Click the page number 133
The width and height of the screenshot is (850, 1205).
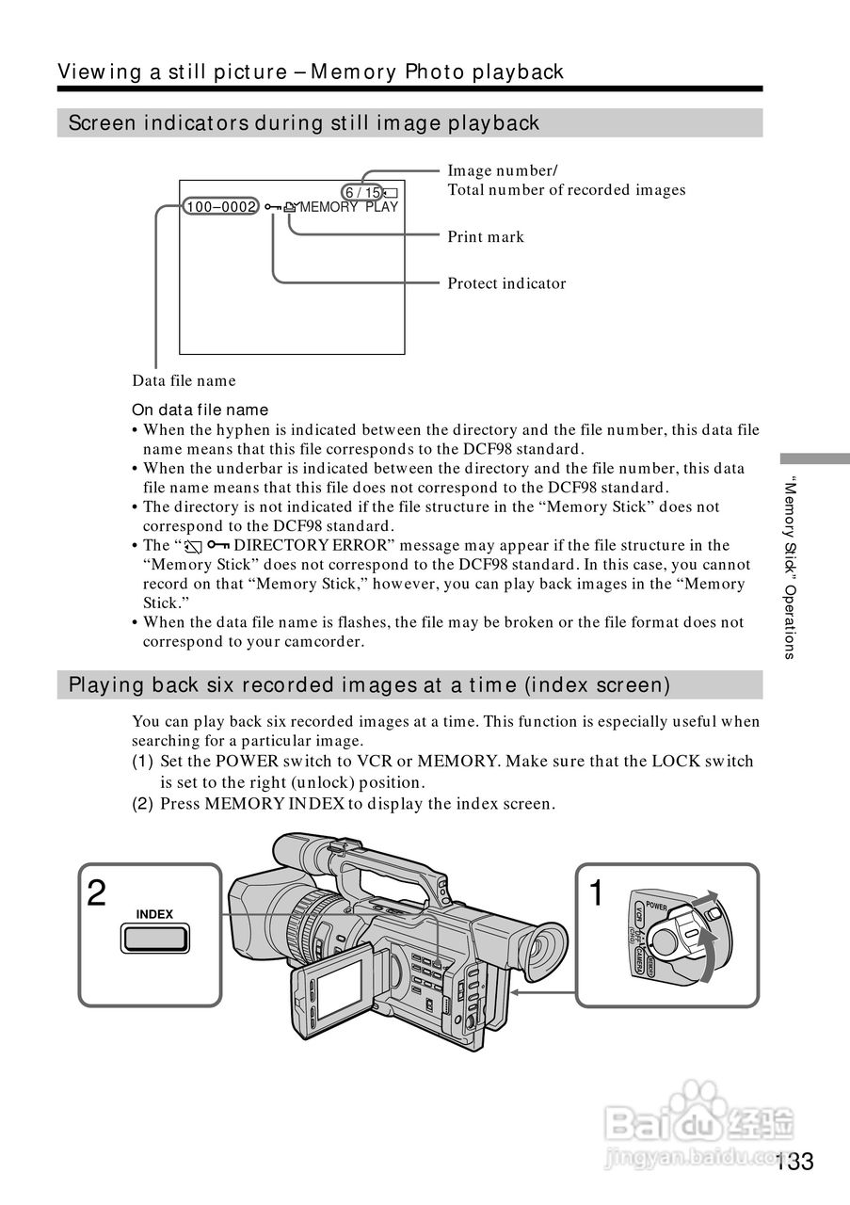(795, 1162)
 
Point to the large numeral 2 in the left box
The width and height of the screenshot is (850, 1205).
(96, 893)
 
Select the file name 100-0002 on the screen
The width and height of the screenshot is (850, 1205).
(221, 207)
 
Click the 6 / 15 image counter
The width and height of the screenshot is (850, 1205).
(362, 192)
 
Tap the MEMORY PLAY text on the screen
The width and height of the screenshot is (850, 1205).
(349, 207)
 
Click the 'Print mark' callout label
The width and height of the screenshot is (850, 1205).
(486, 237)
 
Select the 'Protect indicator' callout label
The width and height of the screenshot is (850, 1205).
(506, 283)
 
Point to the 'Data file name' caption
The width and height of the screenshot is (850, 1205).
(184, 381)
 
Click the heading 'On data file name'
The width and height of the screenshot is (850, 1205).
(200, 410)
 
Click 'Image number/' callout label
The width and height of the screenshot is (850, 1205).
(503, 170)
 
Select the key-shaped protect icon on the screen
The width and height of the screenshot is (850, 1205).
(272, 207)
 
